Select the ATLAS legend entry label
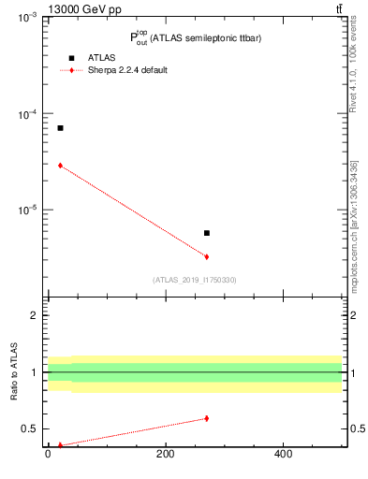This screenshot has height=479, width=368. pyautogui.click(x=100, y=58)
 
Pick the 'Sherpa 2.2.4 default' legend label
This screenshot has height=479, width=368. pyautogui.click(x=127, y=70)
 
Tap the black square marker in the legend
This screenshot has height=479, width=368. pyautogui.click(x=71, y=58)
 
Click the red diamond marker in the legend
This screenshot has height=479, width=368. pyautogui.click(x=71, y=70)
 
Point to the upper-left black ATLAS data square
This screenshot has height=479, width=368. pyautogui.click(x=60, y=128)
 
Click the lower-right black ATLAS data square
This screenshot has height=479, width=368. pyautogui.click(x=207, y=233)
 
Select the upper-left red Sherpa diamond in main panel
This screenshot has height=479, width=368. pyautogui.click(x=60, y=165)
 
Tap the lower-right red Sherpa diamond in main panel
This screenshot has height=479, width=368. pyautogui.click(x=207, y=256)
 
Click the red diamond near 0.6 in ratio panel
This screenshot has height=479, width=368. pyautogui.click(x=207, y=418)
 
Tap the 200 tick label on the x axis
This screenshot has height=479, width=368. pyautogui.click(x=165, y=456)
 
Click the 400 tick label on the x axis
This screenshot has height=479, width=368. pyautogui.click(x=283, y=456)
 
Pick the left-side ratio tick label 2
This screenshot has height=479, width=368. pyautogui.click(x=35, y=315)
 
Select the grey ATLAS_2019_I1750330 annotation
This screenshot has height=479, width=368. pyautogui.click(x=195, y=280)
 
